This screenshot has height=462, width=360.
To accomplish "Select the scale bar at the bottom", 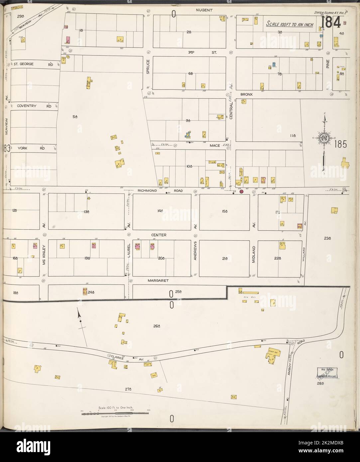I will click(x=115, y=413).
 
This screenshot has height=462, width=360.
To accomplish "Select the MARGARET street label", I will click(x=159, y=280).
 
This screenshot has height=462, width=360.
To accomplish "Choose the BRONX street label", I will click(x=247, y=94).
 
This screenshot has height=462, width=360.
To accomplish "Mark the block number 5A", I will click(x=75, y=116).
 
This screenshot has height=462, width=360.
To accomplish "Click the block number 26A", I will click(x=157, y=326).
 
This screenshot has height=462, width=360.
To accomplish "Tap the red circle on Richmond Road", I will click(x=242, y=191).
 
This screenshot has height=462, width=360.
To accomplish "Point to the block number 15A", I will click(x=225, y=211).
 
